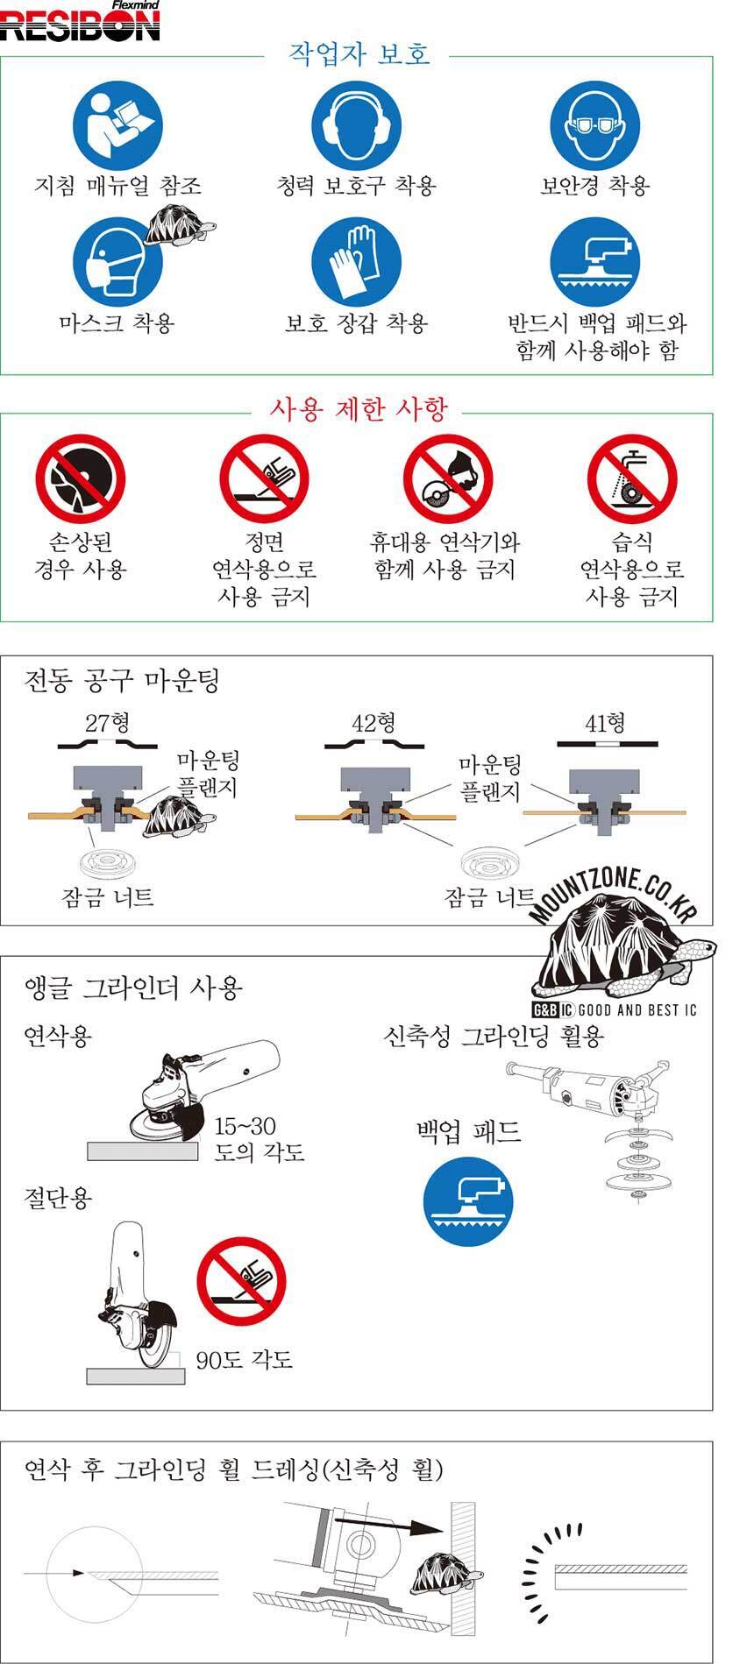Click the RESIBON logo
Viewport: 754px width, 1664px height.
point(80,22)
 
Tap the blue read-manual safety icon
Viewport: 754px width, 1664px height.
point(117,125)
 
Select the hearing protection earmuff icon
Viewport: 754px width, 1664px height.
point(357,125)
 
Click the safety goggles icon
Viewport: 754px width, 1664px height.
point(595,125)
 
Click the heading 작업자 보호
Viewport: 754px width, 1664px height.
point(359,54)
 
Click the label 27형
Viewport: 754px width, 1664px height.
point(107,723)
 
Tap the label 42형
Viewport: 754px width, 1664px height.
point(373,723)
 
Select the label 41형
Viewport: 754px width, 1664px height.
point(605,723)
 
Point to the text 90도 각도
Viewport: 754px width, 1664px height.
point(244,1360)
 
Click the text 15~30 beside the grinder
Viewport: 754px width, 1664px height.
point(245,1126)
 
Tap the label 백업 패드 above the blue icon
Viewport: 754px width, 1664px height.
point(469,1131)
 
